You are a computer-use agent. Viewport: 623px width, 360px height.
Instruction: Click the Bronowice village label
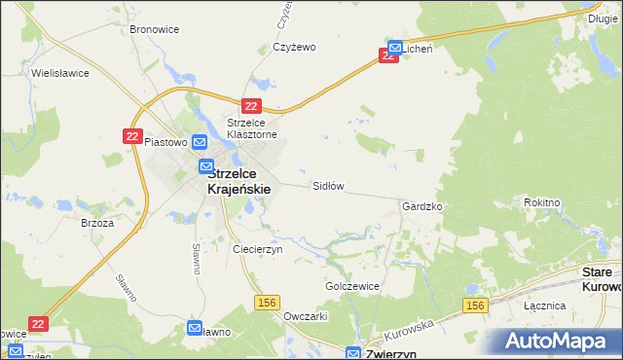(x=154, y=29)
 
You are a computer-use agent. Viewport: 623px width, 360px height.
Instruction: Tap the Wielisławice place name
(x=60, y=73)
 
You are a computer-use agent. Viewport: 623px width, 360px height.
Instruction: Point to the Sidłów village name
(x=328, y=185)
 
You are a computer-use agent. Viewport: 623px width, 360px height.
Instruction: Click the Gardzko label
(x=422, y=207)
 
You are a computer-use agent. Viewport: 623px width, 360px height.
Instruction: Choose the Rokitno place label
(x=541, y=202)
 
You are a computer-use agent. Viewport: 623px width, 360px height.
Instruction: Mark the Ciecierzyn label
(x=257, y=249)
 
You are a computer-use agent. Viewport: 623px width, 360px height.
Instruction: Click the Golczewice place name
(x=351, y=287)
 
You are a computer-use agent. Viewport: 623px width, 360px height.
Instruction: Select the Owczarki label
(x=305, y=316)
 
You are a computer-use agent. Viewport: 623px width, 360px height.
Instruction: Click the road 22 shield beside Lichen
(x=388, y=56)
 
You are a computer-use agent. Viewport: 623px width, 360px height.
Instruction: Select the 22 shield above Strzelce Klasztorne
(x=252, y=106)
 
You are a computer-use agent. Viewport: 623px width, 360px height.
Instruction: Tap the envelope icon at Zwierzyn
(x=353, y=353)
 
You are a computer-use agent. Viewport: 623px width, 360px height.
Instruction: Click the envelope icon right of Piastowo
(x=199, y=141)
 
